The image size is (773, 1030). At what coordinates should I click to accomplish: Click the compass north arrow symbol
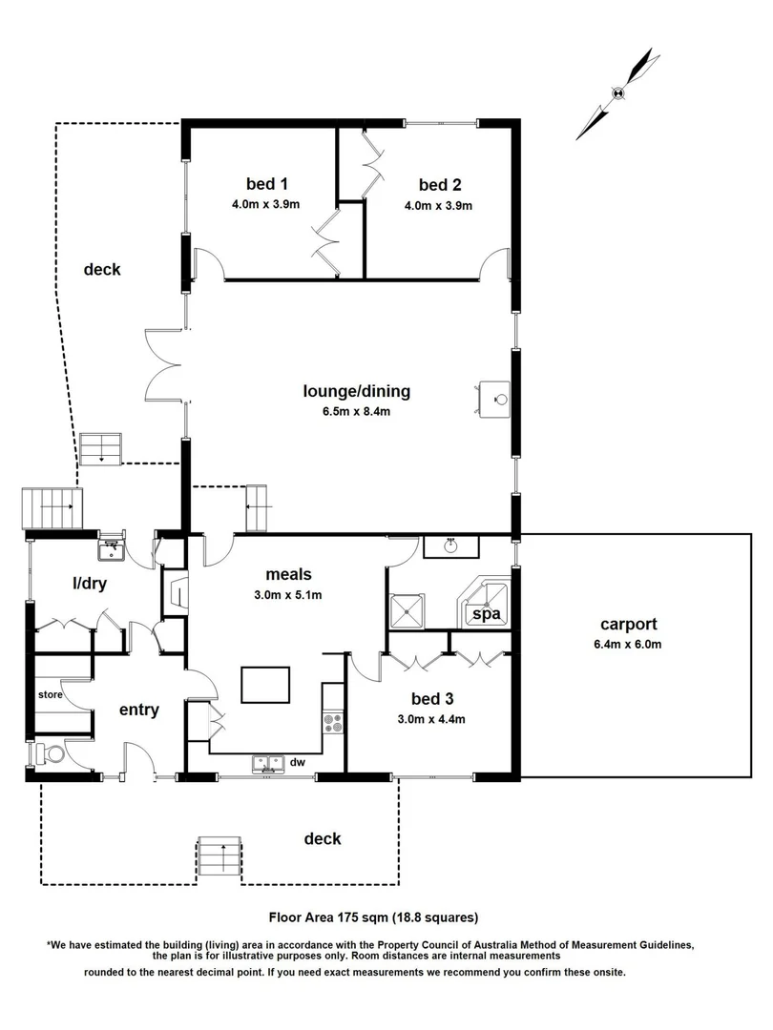pos(617,93)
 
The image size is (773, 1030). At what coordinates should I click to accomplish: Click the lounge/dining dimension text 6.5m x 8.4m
pos(356,412)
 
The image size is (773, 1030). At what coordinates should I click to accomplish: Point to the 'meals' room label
pos(289,574)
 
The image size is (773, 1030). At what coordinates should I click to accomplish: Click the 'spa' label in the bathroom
pos(488,614)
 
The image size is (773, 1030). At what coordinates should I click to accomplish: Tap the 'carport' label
pos(628,625)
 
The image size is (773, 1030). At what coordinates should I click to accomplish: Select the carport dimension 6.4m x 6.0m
pos(628,646)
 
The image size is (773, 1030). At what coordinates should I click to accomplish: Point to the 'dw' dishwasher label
pos(299,762)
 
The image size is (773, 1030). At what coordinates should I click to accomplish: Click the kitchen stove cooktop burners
pos(333,724)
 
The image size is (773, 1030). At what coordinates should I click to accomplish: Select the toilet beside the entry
pos(52,755)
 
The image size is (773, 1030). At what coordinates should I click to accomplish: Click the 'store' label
pos(51,695)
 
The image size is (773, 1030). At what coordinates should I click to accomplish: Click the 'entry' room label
pos(138,710)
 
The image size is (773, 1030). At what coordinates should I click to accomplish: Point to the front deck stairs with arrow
pos(221,855)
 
